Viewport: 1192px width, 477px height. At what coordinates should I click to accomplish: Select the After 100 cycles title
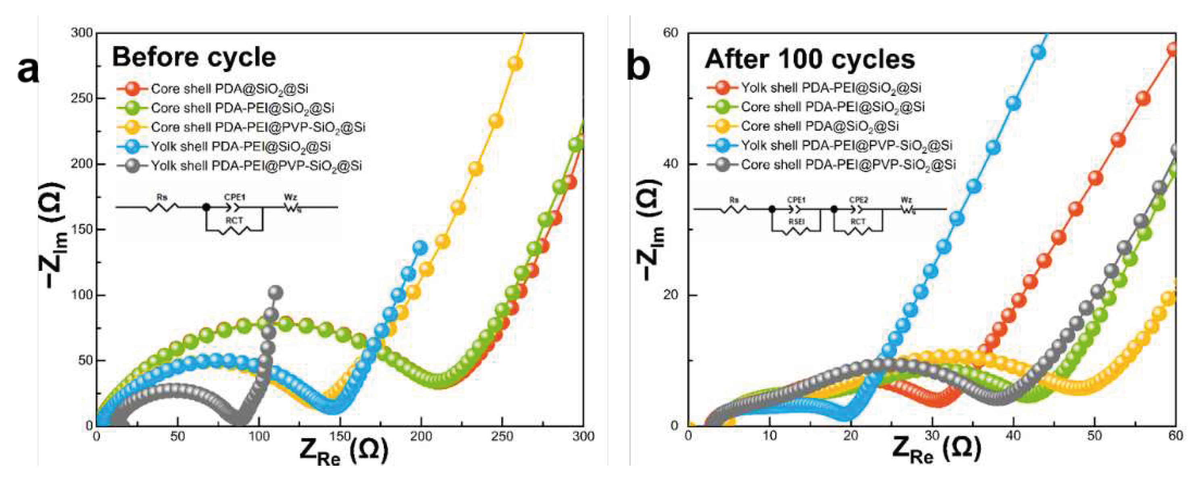[x=809, y=60]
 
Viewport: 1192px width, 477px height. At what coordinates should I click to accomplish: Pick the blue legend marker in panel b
[x=723, y=146]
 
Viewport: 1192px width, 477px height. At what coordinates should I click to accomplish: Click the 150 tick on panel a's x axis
[x=340, y=436]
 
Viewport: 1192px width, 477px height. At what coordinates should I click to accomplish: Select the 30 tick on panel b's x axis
[x=932, y=436]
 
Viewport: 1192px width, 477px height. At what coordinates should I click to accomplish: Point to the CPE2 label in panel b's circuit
[x=858, y=200]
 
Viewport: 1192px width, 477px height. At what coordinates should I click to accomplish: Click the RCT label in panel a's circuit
[x=234, y=221]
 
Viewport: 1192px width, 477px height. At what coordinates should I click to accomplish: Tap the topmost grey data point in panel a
[x=275, y=292]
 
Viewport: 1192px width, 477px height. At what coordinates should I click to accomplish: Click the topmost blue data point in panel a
[x=420, y=248]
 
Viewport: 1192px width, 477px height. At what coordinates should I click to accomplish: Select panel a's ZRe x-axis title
[x=343, y=450]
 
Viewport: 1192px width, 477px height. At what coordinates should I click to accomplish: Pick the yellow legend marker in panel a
[x=134, y=127]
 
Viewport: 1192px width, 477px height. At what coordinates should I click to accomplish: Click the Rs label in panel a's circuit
[x=162, y=197]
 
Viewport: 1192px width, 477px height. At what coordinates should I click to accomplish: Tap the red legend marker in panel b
[x=723, y=88]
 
